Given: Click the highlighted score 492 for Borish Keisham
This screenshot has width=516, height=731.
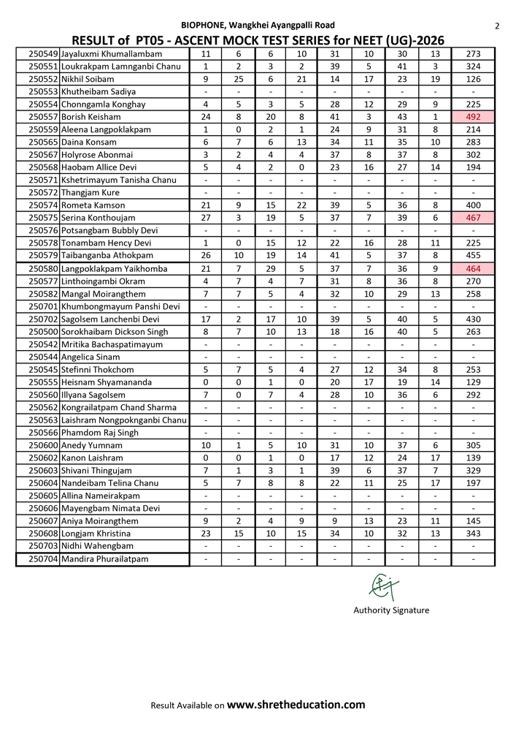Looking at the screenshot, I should (x=473, y=117).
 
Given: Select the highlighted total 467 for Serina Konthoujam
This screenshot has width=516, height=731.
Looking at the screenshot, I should (x=473, y=218).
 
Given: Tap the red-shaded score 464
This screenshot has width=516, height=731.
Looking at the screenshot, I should (x=473, y=268).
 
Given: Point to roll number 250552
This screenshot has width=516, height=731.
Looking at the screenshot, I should (x=43, y=79).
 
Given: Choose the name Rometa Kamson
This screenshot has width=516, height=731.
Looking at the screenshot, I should (x=93, y=205).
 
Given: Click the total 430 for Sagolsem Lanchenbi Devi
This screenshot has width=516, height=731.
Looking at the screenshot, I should (x=473, y=319).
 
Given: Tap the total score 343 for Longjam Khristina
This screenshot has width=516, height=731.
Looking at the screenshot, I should (x=473, y=534).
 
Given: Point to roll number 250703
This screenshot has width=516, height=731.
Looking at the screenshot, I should (x=43, y=546).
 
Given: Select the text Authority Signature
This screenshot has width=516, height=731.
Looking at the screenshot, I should (x=391, y=610).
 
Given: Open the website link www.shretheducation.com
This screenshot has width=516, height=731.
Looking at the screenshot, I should (x=296, y=705).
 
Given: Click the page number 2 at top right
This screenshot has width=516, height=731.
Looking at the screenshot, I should (x=497, y=26).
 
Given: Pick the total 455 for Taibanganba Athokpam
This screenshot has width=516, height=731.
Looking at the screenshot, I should (x=473, y=256).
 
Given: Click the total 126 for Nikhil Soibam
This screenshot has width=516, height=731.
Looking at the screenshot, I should (x=473, y=79).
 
